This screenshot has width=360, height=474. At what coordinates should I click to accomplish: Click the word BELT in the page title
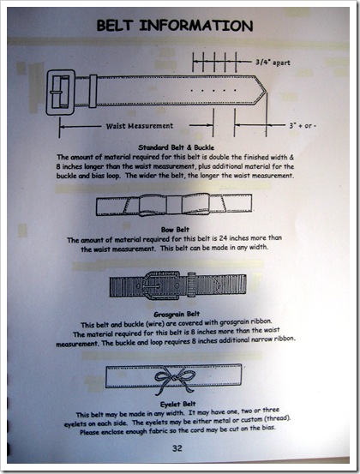point(115,26)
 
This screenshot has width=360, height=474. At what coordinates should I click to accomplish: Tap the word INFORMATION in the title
point(196,26)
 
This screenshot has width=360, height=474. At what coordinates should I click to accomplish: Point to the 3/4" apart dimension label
point(273,63)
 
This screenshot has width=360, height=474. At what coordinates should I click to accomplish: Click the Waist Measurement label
point(140,126)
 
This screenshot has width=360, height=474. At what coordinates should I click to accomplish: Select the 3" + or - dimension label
point(303,125)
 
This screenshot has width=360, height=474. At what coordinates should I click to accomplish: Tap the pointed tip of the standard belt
point(266,90)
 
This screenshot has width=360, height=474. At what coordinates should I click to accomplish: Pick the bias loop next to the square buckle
point(93,92)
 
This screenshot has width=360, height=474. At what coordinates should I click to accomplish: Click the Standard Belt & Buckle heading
point(177,147)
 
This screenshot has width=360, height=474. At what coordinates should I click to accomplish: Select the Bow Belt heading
point(175,230)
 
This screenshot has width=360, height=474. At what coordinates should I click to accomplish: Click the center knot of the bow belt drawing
point(174,205)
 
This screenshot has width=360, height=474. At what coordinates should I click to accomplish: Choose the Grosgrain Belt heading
point(177,315)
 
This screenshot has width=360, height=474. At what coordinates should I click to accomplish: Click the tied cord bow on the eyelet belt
point(175,381)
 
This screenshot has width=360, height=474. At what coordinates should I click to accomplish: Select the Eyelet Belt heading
point(178,405)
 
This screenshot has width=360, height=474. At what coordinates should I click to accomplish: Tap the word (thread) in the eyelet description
point(278,419)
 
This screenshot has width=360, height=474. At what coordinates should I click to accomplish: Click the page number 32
point(177,448)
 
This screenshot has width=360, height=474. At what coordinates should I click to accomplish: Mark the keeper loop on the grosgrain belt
point(191,285)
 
